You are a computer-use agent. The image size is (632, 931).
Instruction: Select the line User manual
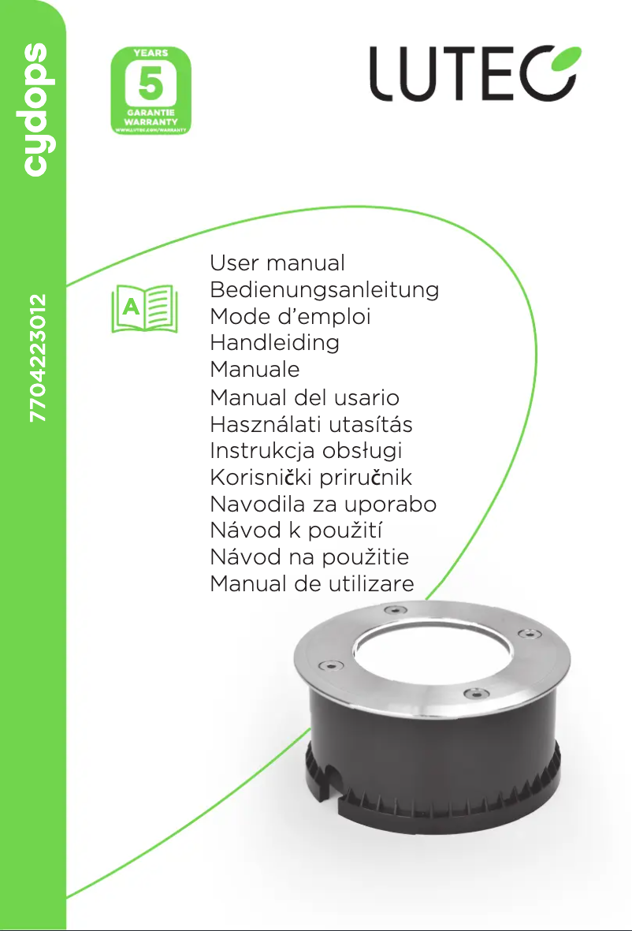pyautogui.click(x=277, y=263)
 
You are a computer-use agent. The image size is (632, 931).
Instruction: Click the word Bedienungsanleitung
pyautogui.click(x=324, y=289)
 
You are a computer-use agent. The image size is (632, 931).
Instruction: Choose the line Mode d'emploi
pyautogui.click(x=290, y=316)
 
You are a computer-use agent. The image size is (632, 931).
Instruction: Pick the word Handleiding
pyautogui.click(x=275, y=343)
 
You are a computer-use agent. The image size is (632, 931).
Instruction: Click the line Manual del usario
pyautogui.click(x=304, y=397)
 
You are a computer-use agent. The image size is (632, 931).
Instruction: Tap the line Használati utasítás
pyautogui.click(x=311, y=424)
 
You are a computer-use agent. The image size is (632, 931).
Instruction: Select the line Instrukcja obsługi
pyautogui.click(x=306, y=451)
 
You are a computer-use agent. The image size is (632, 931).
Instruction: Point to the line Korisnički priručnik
pyautogui.click(x=311, y=478)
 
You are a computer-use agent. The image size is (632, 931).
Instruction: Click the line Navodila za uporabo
pyautogui.click(x=323, y=505)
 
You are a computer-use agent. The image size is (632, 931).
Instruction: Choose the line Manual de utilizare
pyautogui.click(x=312, y=584)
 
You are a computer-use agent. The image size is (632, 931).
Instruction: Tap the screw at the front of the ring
pyautogui.click(x=471, y=693)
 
